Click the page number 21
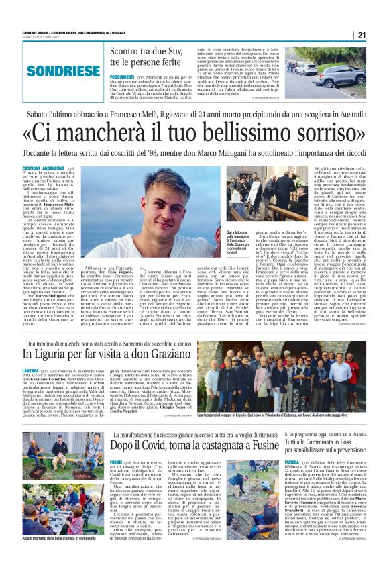tap(361, 36)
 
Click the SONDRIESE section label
tap(51, 70)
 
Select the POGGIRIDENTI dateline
tap(122, 77)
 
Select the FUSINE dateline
tap(116, 462)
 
